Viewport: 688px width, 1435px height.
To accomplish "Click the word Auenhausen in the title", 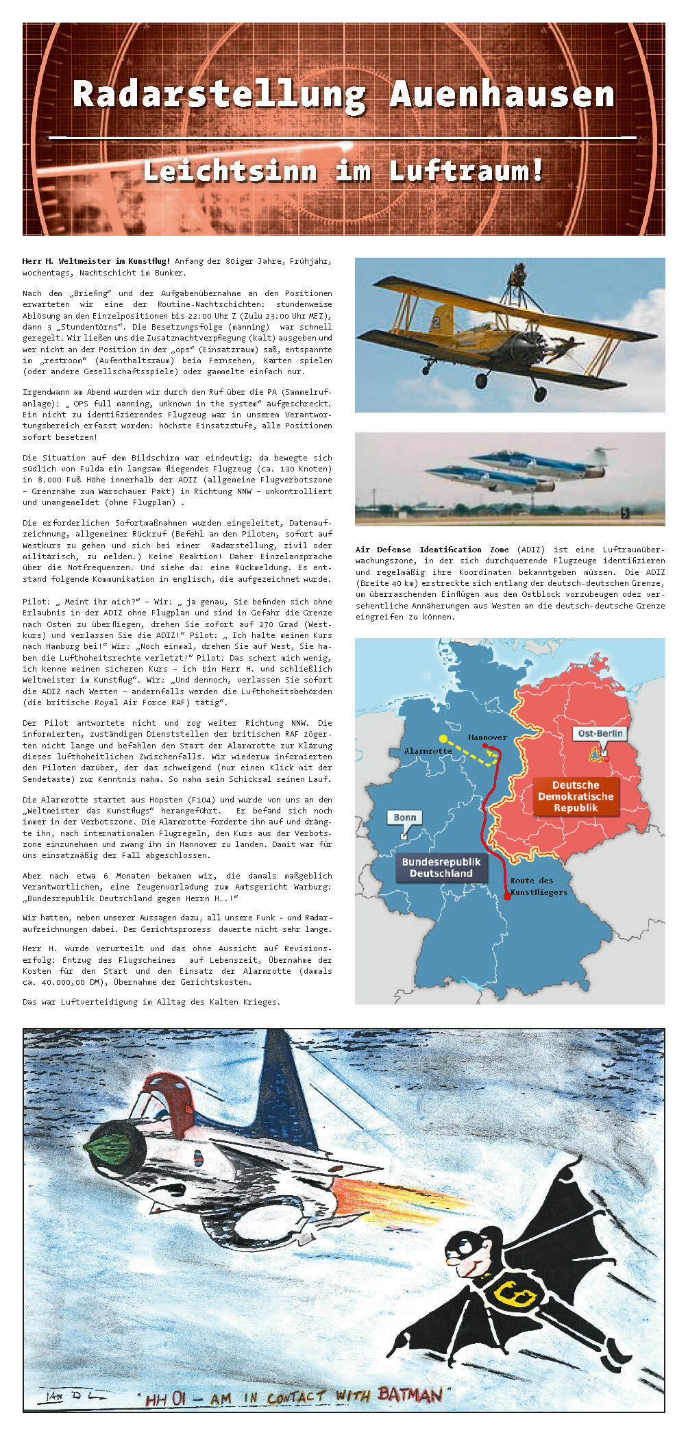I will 502,95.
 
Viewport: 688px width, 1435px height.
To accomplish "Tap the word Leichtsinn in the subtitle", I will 230,171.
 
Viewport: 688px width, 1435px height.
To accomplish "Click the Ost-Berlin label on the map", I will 600,733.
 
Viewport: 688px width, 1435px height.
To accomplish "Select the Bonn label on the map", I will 404,818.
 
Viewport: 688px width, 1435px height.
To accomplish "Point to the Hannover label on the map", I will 487,737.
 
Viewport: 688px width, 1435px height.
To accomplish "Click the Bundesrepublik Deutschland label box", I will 441,868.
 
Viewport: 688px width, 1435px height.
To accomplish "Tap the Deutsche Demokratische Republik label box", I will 576,796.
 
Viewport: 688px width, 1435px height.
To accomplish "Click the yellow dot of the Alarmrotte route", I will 443,739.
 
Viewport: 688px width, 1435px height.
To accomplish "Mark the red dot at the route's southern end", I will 507,895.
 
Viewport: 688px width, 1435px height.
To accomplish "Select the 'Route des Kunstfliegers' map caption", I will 539,886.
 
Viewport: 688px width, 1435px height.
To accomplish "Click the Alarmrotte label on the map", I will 428,751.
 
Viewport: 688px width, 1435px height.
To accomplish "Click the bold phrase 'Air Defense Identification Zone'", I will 432,550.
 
